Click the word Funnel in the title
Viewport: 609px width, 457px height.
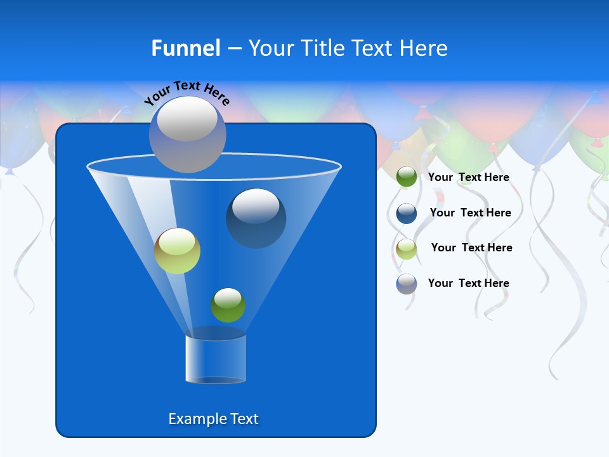point(185,48)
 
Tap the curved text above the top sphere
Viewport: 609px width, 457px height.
point(187,93)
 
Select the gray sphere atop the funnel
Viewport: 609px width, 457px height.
point(187,135)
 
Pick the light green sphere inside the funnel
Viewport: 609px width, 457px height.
point(177,251)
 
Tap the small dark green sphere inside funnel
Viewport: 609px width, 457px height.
point(228,305)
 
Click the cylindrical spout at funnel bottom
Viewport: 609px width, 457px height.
point(216,359)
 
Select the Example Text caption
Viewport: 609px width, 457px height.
point(213,419)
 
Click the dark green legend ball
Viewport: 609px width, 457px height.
point(407,177)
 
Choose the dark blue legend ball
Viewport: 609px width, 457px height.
point(407,213)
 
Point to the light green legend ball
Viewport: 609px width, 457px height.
point(407,248)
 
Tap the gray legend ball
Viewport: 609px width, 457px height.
point(407,284)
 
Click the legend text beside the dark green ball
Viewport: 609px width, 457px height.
point(468,178)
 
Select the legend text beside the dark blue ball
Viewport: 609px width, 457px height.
point(470,213)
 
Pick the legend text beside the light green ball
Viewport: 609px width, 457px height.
point(471,248)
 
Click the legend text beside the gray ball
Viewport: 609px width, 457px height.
point(468,283)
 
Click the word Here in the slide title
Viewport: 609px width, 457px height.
point(424,48)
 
